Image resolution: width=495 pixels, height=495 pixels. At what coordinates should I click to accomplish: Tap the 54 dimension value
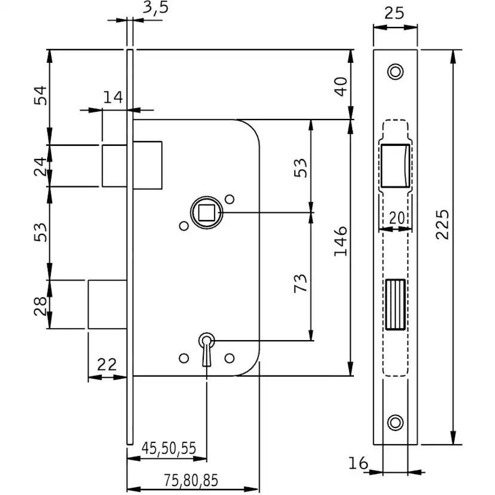(39, 96)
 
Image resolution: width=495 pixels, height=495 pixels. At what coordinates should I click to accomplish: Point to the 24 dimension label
(39, 166)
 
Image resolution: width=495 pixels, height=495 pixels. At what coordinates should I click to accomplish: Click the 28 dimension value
(39, 304)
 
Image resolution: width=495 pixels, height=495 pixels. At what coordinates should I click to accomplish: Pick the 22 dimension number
(107, 364)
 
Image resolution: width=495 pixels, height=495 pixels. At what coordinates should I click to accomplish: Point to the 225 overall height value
(442, 224)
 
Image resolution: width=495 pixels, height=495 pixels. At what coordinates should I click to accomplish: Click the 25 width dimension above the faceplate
(394, 12)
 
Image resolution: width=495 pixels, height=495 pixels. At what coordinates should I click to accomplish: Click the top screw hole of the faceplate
(395, 71)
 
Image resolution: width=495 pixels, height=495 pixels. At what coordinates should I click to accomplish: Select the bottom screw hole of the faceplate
(395, 421)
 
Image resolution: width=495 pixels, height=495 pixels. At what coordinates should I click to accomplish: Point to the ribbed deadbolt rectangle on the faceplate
(395, 304)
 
